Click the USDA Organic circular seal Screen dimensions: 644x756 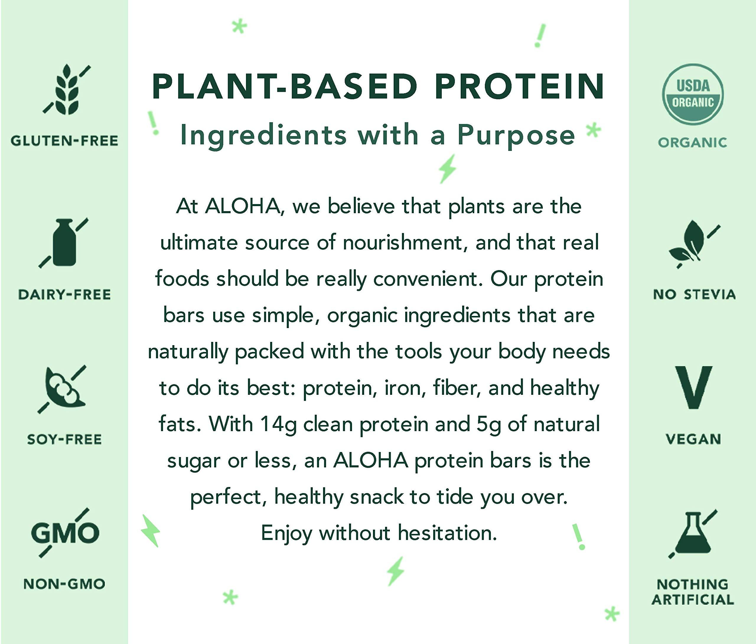[x=693, y=94]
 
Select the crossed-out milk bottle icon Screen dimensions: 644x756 [x=64, y=243]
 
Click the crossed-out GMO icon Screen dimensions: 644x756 [x=65, y=532]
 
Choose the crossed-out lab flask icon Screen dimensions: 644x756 [x=693, y=534]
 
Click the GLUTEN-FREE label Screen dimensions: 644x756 [x=64, y=141]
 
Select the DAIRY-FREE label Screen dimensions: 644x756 [x=64, y=294]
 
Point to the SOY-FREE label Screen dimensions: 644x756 [x=64, y=439]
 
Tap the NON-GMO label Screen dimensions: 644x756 [x=64, y=584]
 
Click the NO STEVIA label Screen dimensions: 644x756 [x=694, y=294]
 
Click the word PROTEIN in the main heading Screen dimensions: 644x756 [x=519, y=87]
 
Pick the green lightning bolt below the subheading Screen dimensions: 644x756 [x=447, y=169]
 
